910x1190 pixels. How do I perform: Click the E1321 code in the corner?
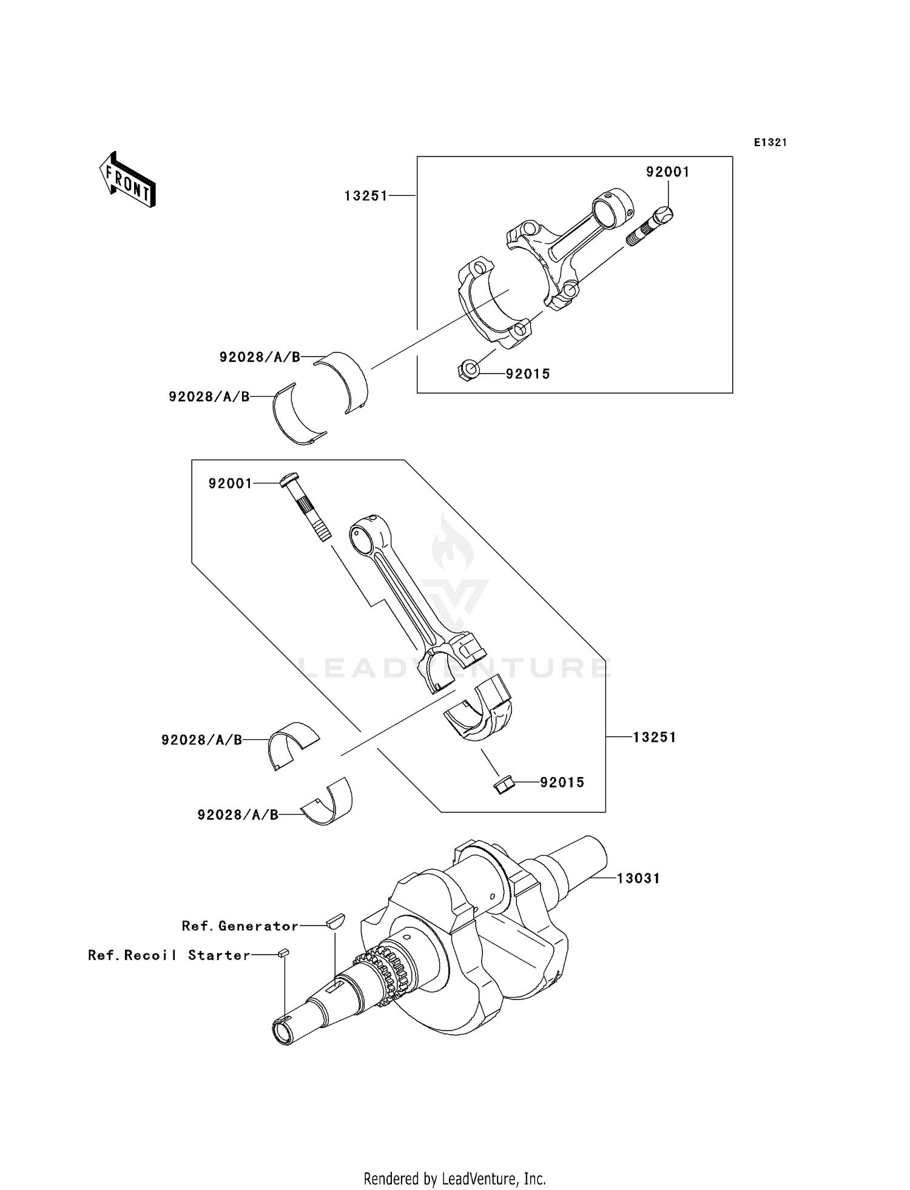click(x=770, y=143)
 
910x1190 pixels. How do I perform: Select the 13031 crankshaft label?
click(x=638, y=878)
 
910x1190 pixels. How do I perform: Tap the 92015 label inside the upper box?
click(x=528, y=374)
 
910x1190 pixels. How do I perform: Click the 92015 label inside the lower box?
click(x=562, y=782)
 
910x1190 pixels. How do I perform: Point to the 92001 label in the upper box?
click(x=667, y=172)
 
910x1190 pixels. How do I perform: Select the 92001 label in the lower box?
click(x=230, y=483)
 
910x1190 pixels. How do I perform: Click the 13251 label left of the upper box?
click(x=366, y=196)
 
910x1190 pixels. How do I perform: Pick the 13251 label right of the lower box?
click(x=655, y=738)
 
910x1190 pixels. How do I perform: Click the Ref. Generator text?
click(x=240, y=926)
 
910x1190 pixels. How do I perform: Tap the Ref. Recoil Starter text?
click(x=169, y=955)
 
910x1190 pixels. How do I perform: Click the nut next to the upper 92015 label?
click(x=468, y=370)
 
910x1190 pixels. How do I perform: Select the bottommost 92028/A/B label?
click(x=238, y=815)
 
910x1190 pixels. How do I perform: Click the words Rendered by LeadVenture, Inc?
click(x=454, y=1178)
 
